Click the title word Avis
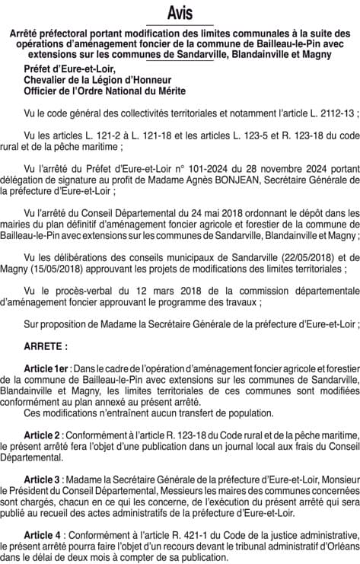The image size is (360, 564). (x=180, y=13)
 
